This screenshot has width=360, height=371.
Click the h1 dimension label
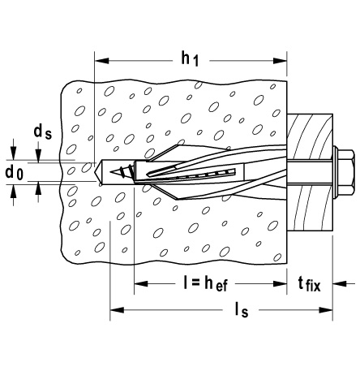click(x=190, y=59)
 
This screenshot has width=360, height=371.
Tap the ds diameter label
click(x=42, y=132)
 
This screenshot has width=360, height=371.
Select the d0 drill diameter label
click(x=15, y=173)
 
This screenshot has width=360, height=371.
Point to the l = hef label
click(x=205, y=284)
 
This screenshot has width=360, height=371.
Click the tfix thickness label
click(x=309, y=285)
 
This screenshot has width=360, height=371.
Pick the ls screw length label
click(x=241, y=310)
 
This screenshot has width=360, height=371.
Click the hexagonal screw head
click(x=346, y=172)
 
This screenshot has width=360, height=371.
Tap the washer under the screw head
click(x=335, y=172)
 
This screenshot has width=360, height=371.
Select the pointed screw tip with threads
click(x=121, y=172)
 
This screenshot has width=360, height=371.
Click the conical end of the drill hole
click(x=98, y=172)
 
